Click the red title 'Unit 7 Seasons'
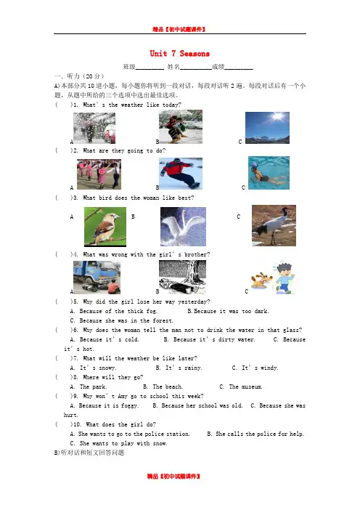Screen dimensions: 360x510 (x=180, y=53)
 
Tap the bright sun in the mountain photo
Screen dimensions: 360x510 (x=278, y=116)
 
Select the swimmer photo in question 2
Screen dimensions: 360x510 (x=269, y=173)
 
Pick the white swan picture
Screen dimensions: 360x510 (x=183, y=227)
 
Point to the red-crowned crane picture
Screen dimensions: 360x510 (x=274, y=225)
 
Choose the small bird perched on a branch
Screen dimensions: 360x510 (x=105, y=227)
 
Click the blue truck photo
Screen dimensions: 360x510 (x=97, y=278)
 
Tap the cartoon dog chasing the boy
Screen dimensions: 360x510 (x=261, y=280)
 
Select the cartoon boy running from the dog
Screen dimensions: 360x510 (x=284, y=278)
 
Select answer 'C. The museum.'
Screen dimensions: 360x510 (x=241, y=386)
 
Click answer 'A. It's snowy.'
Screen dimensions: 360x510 (x=93, y=368)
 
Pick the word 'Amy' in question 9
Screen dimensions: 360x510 (x=123, y=396)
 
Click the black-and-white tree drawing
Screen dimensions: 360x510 (x=182, y=277)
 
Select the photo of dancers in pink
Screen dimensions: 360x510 (x=99, y=174)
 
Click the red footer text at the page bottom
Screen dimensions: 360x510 (x=173, y=476)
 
